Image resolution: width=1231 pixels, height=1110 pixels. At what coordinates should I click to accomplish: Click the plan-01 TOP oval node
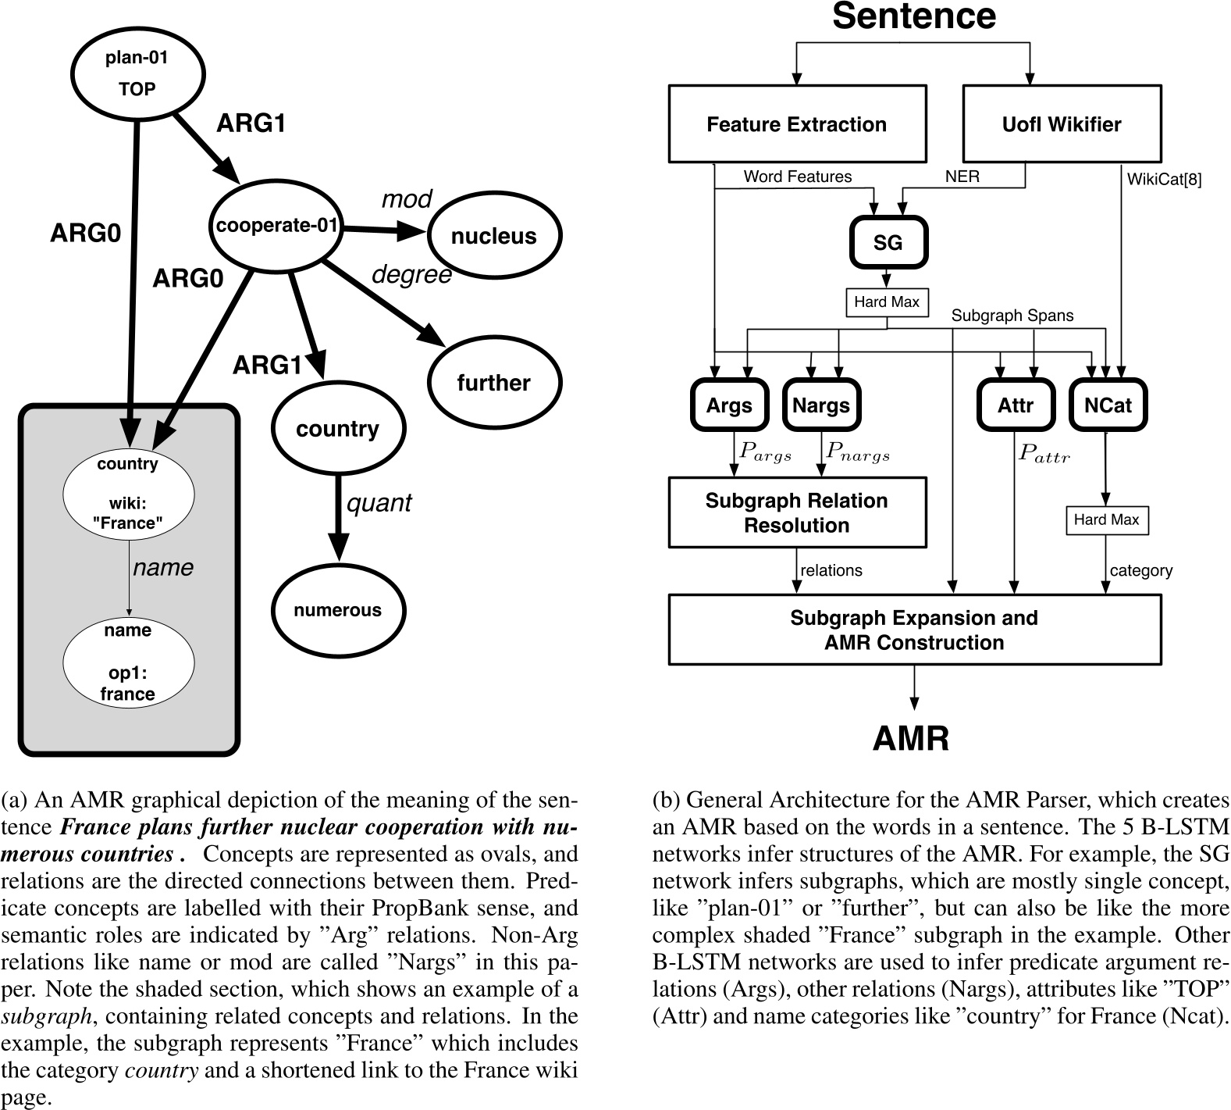(x=137, y=73)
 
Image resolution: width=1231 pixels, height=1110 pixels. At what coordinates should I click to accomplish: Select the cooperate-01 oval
(x=276, y=226)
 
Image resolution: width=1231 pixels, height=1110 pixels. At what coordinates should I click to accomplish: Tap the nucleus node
(x=493, y=236)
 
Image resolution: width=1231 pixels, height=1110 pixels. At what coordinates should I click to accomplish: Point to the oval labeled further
(x=493, y=382)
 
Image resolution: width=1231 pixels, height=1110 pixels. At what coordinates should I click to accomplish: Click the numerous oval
(x=337, y=610)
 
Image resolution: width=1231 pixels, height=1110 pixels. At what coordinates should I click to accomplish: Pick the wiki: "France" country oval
(x=127, y=494)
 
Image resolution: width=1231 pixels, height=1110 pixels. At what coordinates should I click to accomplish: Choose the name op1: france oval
(x=127, y=664)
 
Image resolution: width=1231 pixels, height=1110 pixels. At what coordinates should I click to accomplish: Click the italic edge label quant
(x=379, y=503)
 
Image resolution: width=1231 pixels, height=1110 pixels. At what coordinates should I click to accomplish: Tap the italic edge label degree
(x=411, y=274)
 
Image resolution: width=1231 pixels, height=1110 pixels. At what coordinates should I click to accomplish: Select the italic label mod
(x=406, y=199)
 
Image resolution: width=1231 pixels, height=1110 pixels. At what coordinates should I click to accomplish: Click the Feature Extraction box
(x=796, y=124)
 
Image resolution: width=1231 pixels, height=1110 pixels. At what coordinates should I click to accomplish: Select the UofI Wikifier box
(x=1061, y=124)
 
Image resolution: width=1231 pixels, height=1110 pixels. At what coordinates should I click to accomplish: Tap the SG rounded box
(x=888, y=243)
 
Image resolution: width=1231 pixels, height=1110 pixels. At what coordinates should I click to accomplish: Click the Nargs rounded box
(x=820, y=405)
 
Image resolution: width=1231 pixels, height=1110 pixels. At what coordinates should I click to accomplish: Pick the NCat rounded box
(x=1107, y=405)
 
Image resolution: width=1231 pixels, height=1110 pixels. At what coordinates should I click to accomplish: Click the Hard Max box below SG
(x=887, y=302)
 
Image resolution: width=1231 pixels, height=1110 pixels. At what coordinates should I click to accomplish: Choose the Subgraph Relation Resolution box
(x=796, y=512)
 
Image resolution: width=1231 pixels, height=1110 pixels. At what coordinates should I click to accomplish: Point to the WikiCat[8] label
(x=1163, y=180)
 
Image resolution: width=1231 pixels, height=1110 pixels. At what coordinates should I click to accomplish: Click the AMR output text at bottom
(x=910, y=738)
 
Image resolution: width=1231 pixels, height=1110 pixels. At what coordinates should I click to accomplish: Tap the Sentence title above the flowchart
(x=913, y=17)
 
